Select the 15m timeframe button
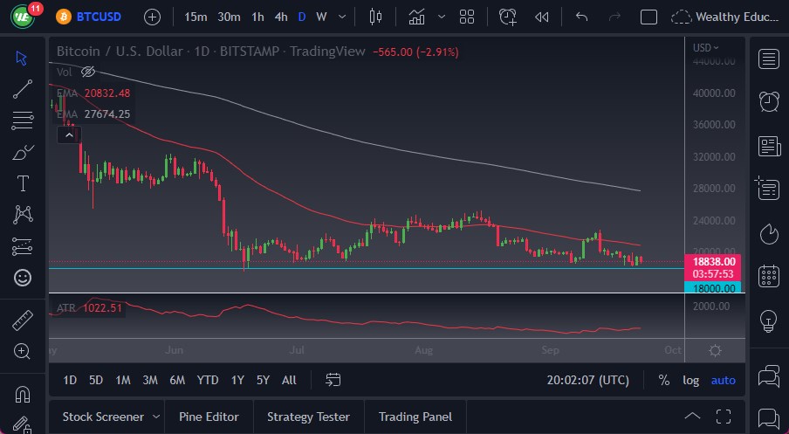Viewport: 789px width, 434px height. (196, 17)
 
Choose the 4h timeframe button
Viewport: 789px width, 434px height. (280, 17)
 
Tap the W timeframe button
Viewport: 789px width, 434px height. (321, 17)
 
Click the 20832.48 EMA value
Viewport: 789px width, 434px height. (107, 93)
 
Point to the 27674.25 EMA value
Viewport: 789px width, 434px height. (107, 114)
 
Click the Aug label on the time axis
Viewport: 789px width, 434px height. (423, 350)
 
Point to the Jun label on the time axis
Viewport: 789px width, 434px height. (174, 350)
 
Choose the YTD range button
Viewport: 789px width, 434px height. (208, 380)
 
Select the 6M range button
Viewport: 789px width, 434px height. (177, 380)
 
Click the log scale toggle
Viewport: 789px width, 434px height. (690, 380)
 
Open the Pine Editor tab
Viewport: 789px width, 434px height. (209, 417)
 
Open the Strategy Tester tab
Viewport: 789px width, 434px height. (308, 417)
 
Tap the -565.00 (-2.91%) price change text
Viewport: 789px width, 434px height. (415, 52)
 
